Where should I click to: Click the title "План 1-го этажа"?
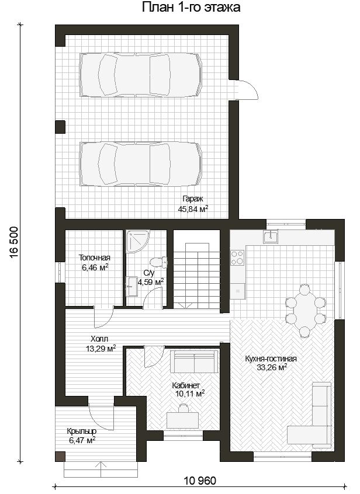[x=191, y=7]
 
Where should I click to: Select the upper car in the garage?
[x=141, y=75]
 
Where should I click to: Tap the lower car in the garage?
[x=141, y=163]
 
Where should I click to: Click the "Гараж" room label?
[x=193, y=199]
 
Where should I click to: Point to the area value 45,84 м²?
[x=193, y=208]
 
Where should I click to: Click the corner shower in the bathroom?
[x=138, y=242]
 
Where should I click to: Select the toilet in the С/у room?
[x=158, y=262]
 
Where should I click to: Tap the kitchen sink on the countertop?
[x=271, y=236]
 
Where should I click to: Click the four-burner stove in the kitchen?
[x=238, y=258]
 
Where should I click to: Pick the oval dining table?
[x=305, y=311]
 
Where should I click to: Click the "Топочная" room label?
[x=95, y=258]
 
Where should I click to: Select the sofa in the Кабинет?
[x=195, y=361]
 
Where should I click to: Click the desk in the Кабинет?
[x=182, y=420]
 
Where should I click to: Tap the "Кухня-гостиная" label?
[x=271, y=359]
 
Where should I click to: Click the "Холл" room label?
[x=99, y=339]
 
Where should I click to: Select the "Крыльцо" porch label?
[x=82, y=431]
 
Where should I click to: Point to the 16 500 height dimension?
[x=14, y=243]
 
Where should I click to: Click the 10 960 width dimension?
[x=200, y=481]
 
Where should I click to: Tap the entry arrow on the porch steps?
[x=101, y=469]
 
